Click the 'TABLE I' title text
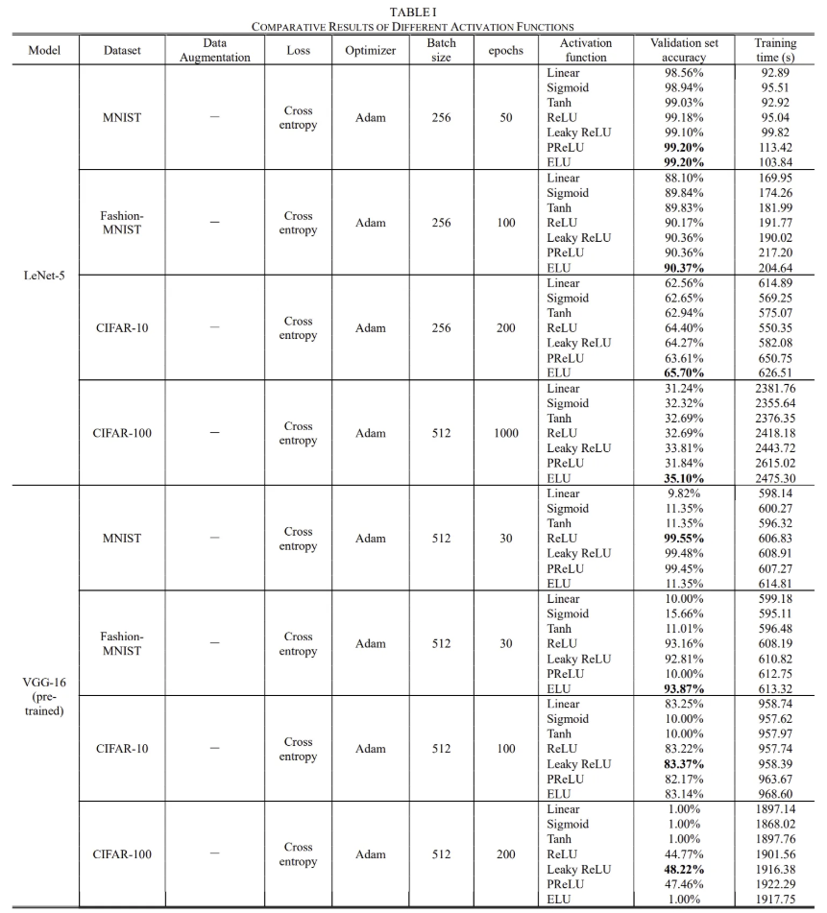413,11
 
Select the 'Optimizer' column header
371,51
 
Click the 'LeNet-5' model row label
44,276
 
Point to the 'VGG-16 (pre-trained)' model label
44,696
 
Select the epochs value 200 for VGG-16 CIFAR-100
506,854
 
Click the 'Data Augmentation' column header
214,50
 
